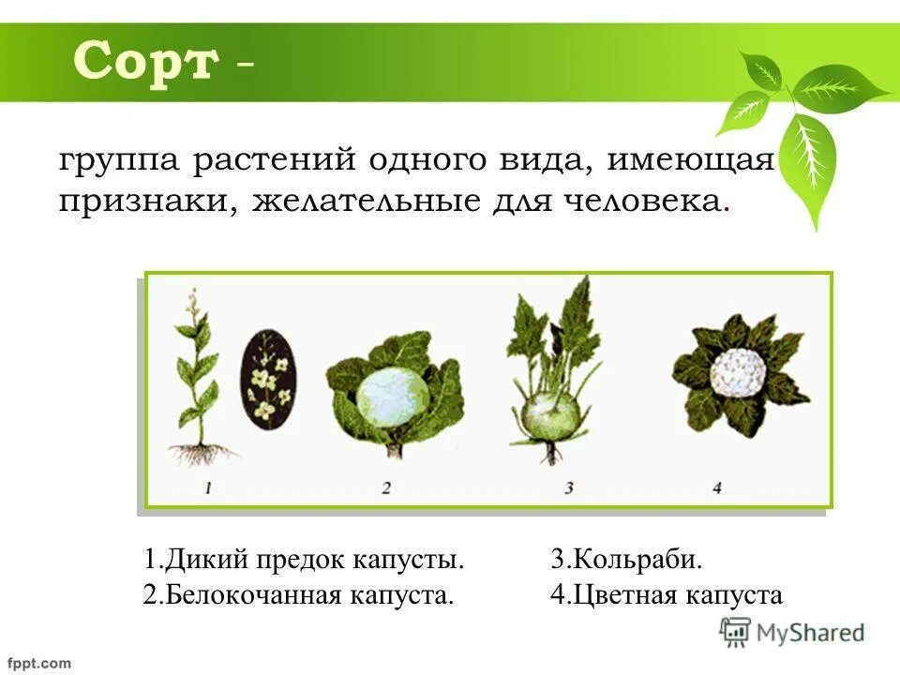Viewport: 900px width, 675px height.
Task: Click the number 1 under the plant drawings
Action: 208,487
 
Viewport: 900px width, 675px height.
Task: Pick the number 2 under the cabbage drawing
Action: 385,487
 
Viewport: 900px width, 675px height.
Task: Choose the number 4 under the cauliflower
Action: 717,487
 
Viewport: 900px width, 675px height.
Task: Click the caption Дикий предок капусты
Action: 305,561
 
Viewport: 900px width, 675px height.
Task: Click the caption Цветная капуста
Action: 667,594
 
